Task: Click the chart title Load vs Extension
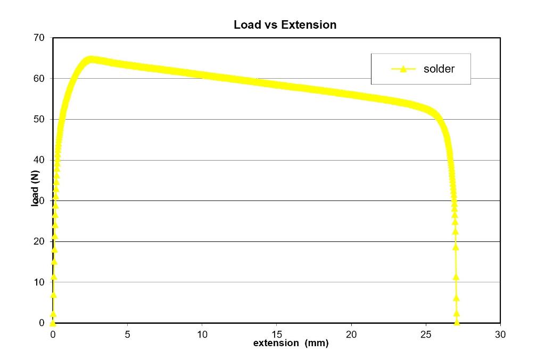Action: (285, 24)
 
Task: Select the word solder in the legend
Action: (439, 69)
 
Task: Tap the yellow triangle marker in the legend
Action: (403, 69)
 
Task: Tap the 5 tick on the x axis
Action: (127, 334)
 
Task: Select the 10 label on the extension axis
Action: (202, 334)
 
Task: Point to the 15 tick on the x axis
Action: (276, 334)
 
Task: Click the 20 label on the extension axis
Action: (351, 334)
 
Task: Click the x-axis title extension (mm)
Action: (291, 343)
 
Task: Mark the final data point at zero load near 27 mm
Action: (457, 322)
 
